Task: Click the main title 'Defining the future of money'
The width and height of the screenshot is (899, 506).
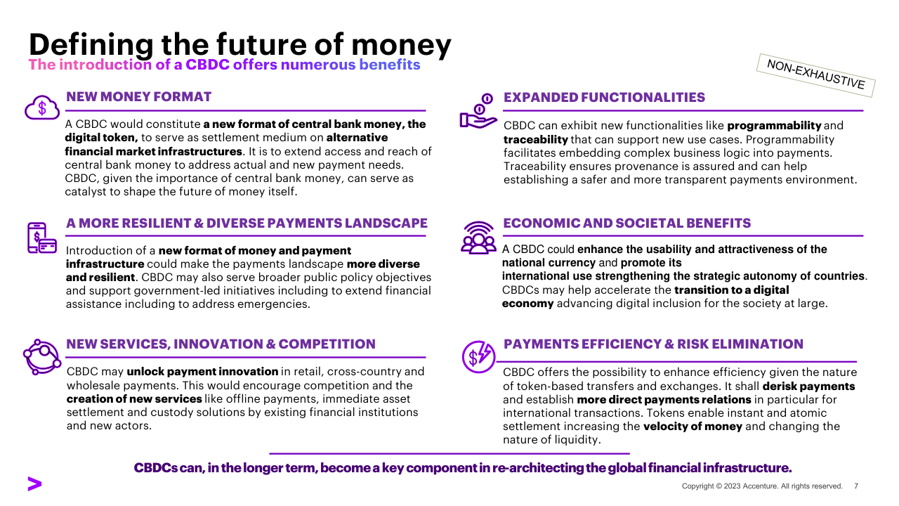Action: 240,44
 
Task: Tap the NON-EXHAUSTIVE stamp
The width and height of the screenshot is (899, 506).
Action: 815,75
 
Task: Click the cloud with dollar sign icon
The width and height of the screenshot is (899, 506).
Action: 42,108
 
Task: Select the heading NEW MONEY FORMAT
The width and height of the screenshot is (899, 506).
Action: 138,97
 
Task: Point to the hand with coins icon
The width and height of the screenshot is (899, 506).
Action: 478,111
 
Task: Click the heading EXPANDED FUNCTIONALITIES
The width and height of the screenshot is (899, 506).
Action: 604,97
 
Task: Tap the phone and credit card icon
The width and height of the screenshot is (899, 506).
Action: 41,238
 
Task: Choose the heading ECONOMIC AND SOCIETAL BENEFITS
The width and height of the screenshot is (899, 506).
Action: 627,223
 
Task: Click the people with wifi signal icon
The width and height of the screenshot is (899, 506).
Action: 478,238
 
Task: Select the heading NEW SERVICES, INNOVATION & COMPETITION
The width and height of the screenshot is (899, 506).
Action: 221,344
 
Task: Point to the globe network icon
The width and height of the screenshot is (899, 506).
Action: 42,357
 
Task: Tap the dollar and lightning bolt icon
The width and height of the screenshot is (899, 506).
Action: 478,356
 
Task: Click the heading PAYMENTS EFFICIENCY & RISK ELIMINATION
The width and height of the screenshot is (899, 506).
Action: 653,344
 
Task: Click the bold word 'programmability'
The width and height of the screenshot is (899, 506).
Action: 774,126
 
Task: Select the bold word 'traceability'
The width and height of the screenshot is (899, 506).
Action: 536,140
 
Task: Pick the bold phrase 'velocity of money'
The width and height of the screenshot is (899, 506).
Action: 693,427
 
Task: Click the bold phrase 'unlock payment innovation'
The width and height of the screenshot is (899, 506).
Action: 202,372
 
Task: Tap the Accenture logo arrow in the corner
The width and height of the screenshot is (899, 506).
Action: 34,484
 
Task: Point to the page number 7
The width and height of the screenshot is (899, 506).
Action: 856,486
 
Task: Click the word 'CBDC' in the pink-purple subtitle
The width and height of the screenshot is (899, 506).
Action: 207,65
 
